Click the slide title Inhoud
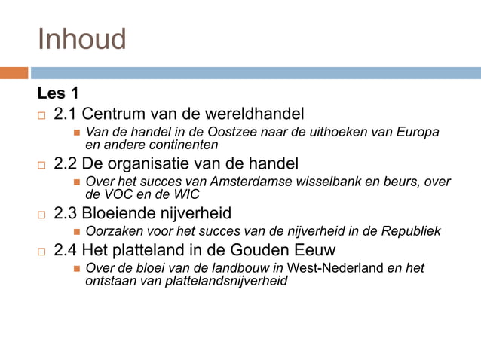[x=81, y=39]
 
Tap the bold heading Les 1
[x=58, y=94]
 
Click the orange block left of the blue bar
[x=14, y=73]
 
